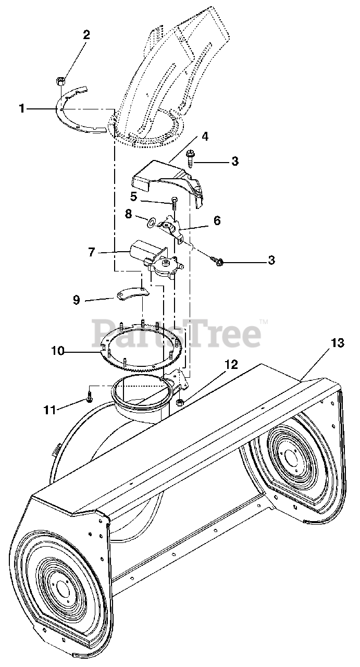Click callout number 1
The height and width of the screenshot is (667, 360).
pyautogui.click(x=22, y=108)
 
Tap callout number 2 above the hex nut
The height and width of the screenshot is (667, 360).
pyautogui.click(x=86, y=35)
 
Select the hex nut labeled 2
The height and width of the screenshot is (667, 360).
pyautogui.click(x=60, y=81)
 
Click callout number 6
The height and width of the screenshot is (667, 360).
pyautogui.click(x=216, y=220)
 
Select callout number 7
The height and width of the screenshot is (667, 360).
pyautogui.click(x=92, y=252)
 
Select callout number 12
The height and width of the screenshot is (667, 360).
pyautogui.click(x=231, y=365)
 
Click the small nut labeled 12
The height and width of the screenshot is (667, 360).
pyautogui.click(x=180, y=402)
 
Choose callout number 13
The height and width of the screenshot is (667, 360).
pyautogui.click(x=337, y=342)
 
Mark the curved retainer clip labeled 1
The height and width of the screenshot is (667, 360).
pyautogui.click(x=78, y=112)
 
